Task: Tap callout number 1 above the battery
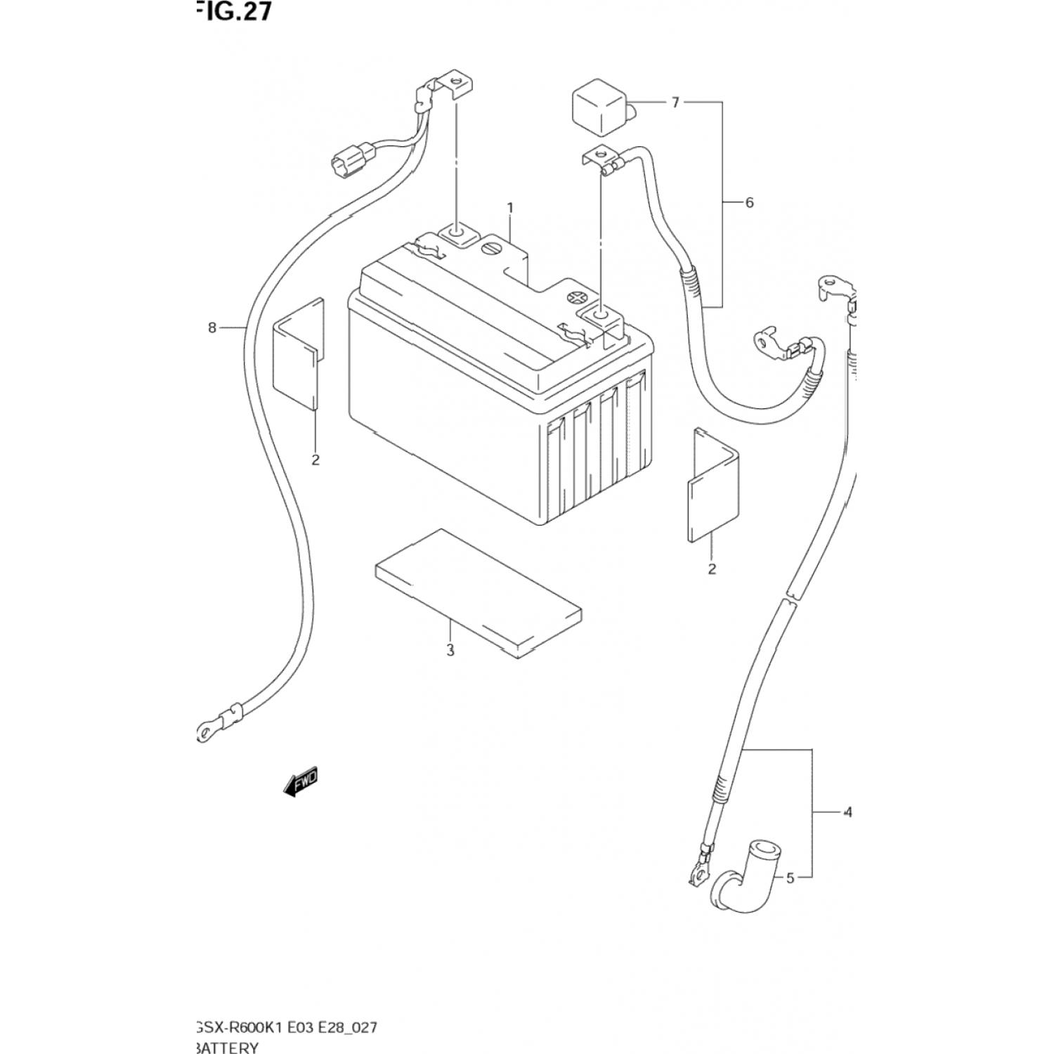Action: pyautogui.click(x=510, y=208)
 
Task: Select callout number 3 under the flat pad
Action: pyautogui.click(x=450, y=651)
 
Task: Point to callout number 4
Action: pyautogui.click(x=847, y=812)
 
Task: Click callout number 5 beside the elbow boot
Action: pyautogui.click(x=790, y=878)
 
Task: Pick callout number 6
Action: pyautogui.click(x=749, y=203)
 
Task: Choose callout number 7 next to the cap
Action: pyautogui.click(x=675, y=103)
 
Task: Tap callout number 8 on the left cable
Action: pyautogui.click(x=212, y=327)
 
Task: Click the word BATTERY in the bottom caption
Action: pyautogui.click(x=228, y=1048)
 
